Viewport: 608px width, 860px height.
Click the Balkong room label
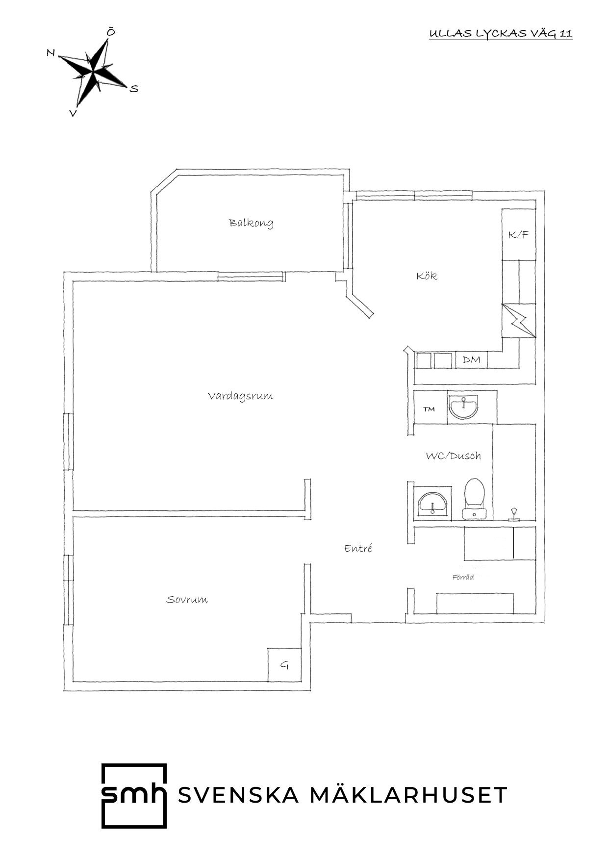[251, 223]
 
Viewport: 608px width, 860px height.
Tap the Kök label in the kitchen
[427, 276]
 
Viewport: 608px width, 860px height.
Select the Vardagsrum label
[240, 396]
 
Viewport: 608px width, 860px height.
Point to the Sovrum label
[187, 599]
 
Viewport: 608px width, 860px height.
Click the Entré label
[358, 548]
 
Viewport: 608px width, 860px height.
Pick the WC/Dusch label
[453, 455]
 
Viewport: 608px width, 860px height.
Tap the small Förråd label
[463, 577]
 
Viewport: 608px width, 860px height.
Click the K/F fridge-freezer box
[518, 235]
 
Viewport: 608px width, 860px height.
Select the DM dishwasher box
[472, 360]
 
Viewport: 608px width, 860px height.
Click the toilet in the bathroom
[475, 499]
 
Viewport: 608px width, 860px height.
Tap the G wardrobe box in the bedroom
[284, 665]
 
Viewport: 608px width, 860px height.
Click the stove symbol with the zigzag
[518, 321]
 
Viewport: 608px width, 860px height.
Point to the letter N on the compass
[51, 52]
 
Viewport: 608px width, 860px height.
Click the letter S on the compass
[134, 89]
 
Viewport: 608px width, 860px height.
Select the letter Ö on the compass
[111, 32]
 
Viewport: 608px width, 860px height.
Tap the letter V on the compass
[73, 113]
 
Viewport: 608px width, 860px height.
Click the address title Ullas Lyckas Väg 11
[501, 34]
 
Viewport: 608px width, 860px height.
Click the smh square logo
[134, 795]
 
